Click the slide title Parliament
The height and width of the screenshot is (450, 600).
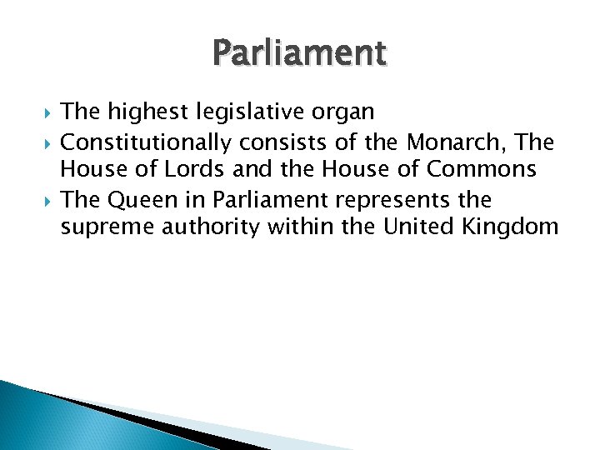coord(300,53)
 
